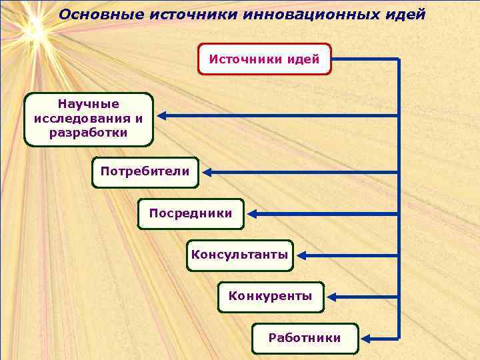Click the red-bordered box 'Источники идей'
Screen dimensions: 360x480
point(265,59)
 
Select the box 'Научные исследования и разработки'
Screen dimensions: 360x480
point(88,119)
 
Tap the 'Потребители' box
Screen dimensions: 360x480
point(145,171)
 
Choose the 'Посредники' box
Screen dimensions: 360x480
point(191,213)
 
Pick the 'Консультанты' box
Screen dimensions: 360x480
point(239,255)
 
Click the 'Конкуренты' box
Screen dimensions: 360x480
point(270,296)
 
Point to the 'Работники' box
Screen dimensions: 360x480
point(304,338)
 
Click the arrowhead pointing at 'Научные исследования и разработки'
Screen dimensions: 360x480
point(162,116)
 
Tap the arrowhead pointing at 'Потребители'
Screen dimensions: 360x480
point(207,172)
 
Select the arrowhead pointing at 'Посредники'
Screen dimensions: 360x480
point(253,214)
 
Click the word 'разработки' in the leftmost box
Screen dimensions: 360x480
point(88,133)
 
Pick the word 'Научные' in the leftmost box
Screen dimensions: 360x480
point(88,105)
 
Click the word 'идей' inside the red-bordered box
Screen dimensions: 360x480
point(304,59)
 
